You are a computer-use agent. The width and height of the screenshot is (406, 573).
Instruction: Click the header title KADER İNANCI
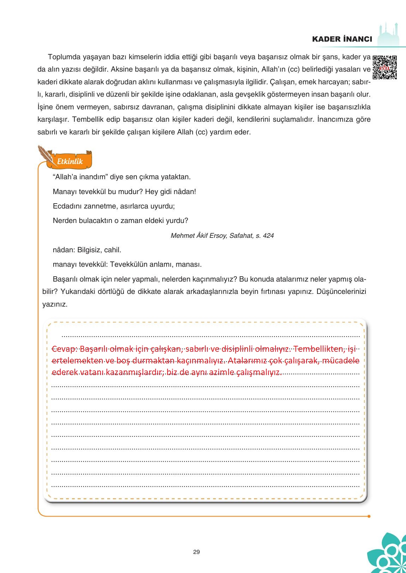[x=342, y=39]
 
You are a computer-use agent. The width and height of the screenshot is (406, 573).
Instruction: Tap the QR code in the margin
[x=384, y=67]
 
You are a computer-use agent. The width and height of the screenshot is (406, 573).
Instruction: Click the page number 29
[x=196, y=552]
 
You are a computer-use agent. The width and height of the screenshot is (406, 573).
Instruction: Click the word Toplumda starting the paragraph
[x=62, y=57]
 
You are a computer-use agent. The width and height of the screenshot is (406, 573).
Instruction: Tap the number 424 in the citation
[x=268, y=235]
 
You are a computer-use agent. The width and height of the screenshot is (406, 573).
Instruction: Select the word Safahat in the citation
[x=241, y=235]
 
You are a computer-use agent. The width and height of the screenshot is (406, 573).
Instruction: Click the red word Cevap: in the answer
[x=64, y=349]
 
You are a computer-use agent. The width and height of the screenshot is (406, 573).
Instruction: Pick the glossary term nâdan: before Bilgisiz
[x=63, y=250]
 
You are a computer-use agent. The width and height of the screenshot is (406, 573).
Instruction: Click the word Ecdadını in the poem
[x=66, y=206]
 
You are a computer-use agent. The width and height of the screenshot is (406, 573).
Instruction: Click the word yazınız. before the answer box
[x=55, y=304]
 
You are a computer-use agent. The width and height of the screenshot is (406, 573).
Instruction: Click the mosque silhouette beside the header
[x=390, y=34]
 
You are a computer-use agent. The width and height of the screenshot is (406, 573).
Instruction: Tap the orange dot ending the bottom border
[x=369, y=516]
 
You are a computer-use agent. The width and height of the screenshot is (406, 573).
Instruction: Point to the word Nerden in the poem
[x=63, y=221]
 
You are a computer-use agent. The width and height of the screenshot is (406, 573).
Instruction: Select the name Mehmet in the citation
[x=182, y=235]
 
